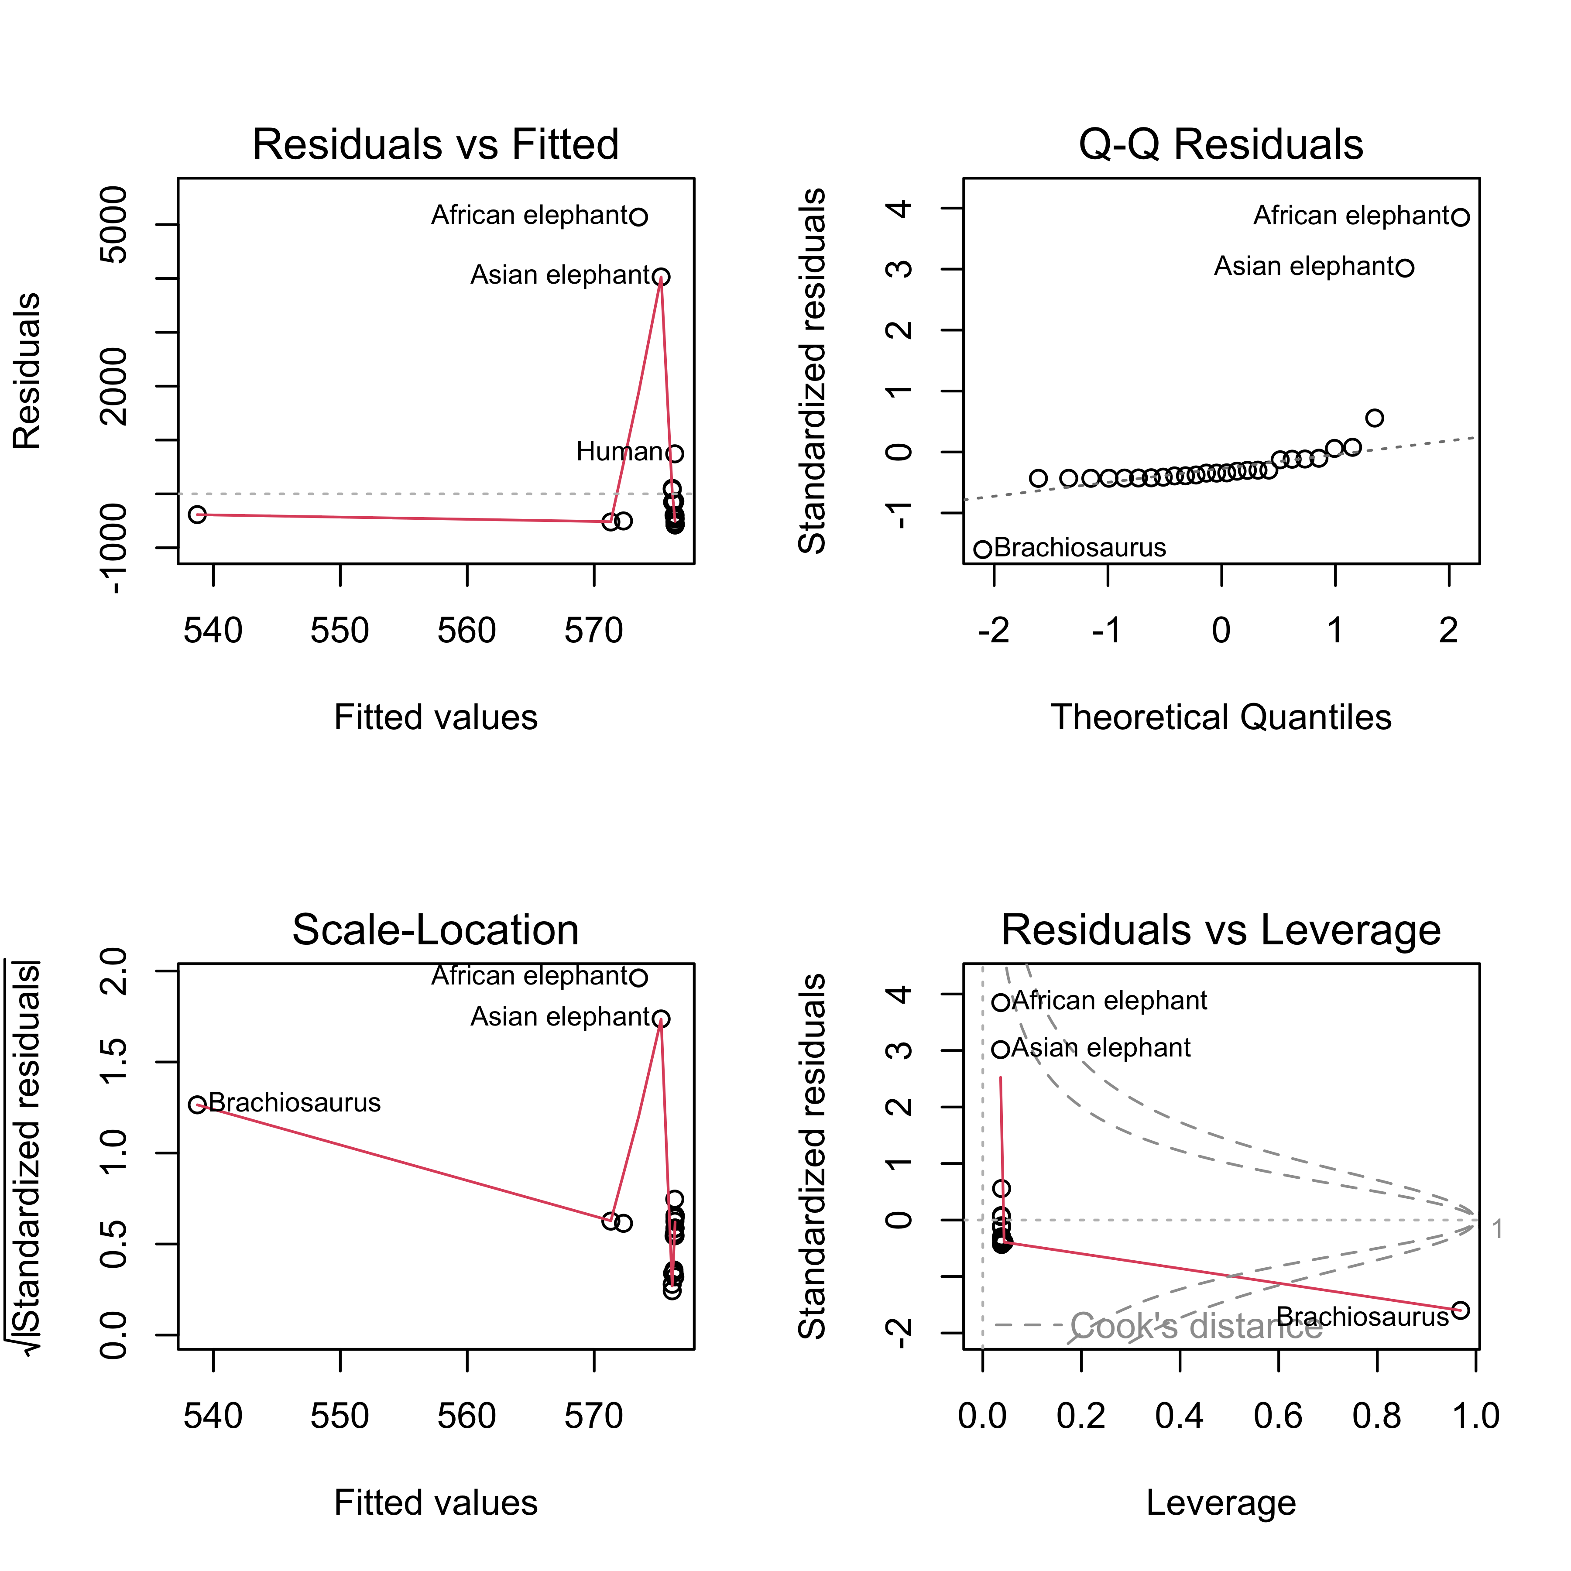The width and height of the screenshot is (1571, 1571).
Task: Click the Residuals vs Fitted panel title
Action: pyautogui.click(x=436, y=145)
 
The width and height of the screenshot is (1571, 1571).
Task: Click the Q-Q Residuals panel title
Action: pyautogui.click(x=1221, y=145)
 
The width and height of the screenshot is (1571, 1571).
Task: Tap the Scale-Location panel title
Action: pyautogui.click(x=436, y=930)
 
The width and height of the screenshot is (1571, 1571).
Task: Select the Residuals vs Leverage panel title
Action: pyautogui.click(x=1221, y=930)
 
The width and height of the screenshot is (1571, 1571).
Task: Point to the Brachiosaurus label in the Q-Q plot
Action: pyautogui.click(x=1080, y=548)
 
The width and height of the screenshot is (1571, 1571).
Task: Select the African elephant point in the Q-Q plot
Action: pyautogui.click(x=1461, y=217)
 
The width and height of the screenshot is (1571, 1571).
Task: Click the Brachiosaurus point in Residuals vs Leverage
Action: pyautogui.click(x=1461, y=1310)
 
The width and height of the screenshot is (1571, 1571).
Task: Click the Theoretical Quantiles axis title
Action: pyautogui.click(x=1221, y=717)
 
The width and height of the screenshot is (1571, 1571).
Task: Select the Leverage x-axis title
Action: pyautogui.click(x=1221, y=1502)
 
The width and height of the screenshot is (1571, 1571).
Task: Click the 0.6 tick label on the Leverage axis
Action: pyautogui.click(x=1278, y=1416)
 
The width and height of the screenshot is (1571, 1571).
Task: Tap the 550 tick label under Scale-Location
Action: pyautogui.click(x=340, y=1416)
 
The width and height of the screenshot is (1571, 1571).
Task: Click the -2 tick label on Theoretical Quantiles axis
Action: pyautogui.click(x=994, y=630)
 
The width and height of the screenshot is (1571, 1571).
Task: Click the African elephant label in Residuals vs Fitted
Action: pyautogui.click(x=529, y=216)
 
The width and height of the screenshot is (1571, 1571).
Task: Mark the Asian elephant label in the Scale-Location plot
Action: pyautogui.click(x=561, y=1017)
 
